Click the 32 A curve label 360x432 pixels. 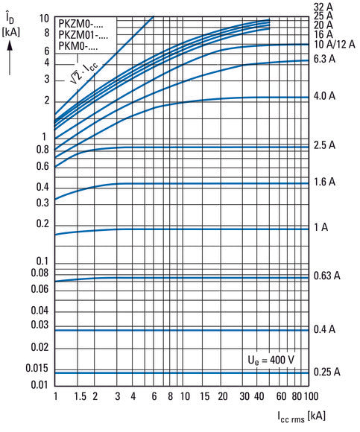(323, 6)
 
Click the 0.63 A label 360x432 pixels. (327, 276)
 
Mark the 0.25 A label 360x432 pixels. (327, 371)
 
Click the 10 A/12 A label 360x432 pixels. (332, 44)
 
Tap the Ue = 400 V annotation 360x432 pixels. (270, 360)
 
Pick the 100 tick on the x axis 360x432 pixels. (311, 396)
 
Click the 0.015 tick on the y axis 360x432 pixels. (36, 369)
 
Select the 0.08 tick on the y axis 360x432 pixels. (40, 273)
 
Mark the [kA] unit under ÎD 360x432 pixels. (12, 31)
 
